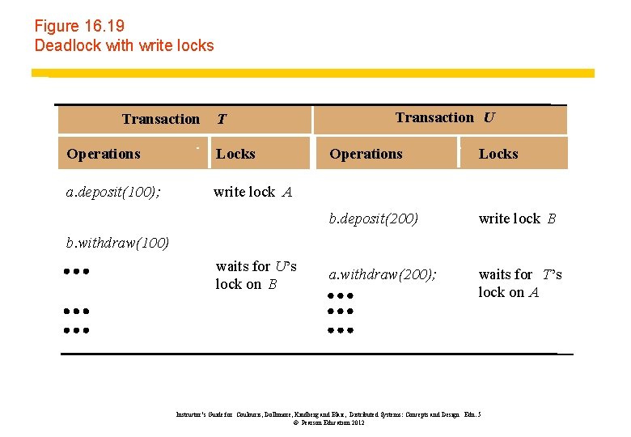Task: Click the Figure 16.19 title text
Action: tap(79, 27)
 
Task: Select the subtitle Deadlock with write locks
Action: tap(124, 45)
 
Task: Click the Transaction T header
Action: tap(174, 120)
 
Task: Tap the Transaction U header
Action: tap(445, 117)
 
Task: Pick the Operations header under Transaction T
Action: tap(104, 154)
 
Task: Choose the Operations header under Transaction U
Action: tap(366, 154)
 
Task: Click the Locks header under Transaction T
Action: tap(235, 154)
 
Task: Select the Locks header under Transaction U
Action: tap(498, 154)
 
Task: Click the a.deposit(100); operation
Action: tap(112, 192)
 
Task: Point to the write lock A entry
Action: tap(252, 192)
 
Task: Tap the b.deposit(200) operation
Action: tap(373, 218)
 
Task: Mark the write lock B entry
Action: tap(517, 218)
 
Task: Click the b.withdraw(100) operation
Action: tap(116, 243)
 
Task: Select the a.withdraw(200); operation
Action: tap(382, 274)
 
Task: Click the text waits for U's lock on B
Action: tap(256, 275)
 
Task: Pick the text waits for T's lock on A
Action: tap(519, 283)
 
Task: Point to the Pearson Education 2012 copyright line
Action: tap(328, 422)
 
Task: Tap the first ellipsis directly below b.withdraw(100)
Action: tap(75, 272)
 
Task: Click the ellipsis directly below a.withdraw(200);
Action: tap(341, 296)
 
